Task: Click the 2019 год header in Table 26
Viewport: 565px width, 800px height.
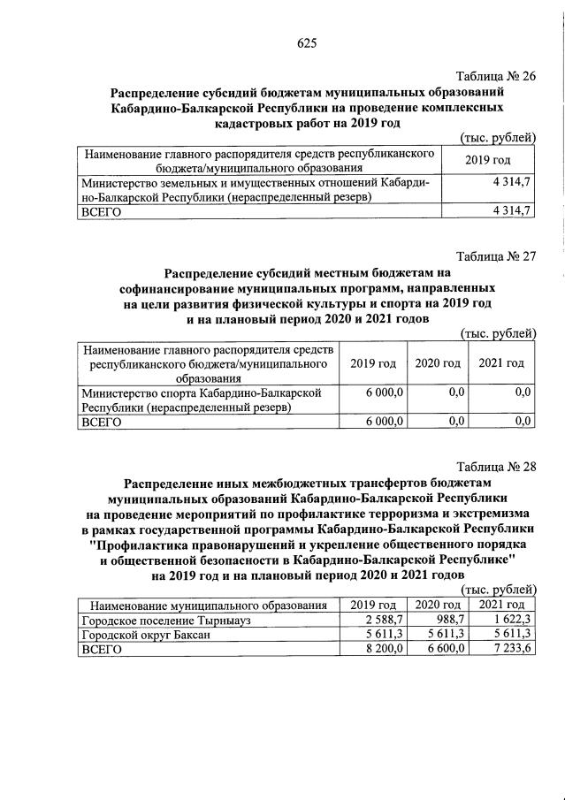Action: point(488,159)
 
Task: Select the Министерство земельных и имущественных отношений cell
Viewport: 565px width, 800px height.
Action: point(257,189)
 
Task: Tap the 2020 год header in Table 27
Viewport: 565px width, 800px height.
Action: point(439,363)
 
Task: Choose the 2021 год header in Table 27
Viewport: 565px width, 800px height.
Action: point(501,363)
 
